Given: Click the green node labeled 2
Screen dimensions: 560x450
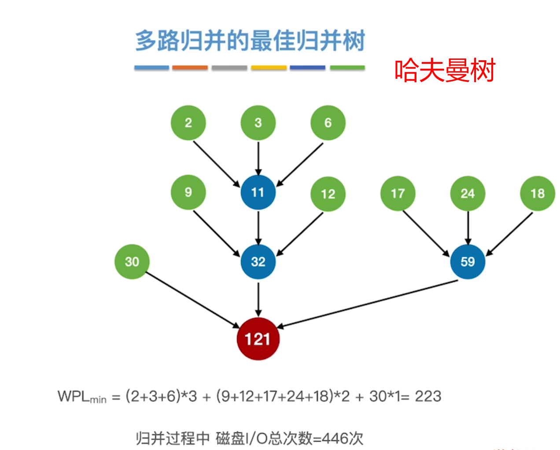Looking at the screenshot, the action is tap(188, 123).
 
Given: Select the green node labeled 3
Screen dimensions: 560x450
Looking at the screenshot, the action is tap(258, 123).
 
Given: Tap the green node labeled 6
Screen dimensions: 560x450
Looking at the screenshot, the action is tap(328, 123).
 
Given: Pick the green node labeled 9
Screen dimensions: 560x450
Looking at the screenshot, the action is tap(188, 192).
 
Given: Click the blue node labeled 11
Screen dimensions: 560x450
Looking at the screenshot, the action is tap(258, 192).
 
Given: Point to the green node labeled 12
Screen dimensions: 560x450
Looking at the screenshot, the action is tap(328, 194).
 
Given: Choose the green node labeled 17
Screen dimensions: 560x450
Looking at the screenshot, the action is tap(398, 194).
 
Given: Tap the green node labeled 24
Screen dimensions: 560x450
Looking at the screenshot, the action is tap(468, 194).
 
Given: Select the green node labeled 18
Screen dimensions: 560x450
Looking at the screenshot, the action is tap(538, 194).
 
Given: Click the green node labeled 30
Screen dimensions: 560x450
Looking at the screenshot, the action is tap(132, 262).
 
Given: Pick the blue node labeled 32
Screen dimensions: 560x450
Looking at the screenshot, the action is tap(258, 262).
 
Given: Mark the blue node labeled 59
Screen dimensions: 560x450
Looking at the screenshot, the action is tap(468, 262).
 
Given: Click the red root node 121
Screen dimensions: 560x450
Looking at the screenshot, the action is tap(258, 339).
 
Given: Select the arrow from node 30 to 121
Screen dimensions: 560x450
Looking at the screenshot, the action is tap(192, 300).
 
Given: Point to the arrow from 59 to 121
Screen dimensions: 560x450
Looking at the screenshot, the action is tap(368, 304).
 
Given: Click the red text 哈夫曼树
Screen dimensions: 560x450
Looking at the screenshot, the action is tap(445, 70).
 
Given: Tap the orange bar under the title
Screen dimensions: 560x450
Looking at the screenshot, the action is tap(190, 68).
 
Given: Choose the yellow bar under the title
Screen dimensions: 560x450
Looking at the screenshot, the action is tap(269, 68).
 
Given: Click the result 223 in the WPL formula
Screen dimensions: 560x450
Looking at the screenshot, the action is tap(428, 396).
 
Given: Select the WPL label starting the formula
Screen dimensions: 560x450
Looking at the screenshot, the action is tap(82, 397).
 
